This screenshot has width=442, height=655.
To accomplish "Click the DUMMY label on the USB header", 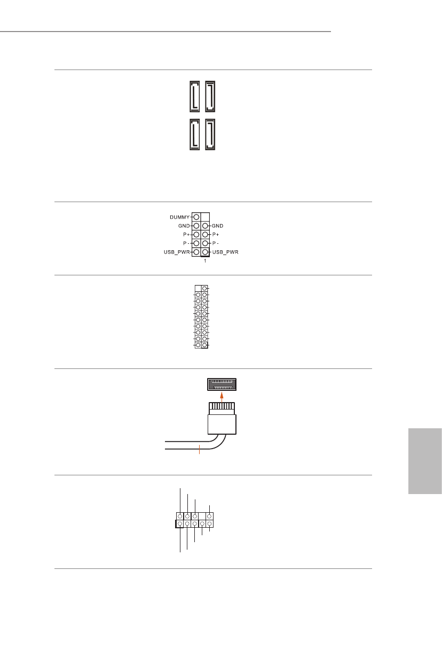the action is (x=180, y=218).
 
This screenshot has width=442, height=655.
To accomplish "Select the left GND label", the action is (x=184, y=226).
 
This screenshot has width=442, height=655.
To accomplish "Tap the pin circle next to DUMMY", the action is (x=196, y=218).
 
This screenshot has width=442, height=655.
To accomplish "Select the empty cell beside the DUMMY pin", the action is (x=205, y=218).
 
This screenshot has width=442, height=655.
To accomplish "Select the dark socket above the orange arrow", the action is (x=222, y=384).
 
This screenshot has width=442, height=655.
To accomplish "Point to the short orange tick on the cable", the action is (x=199, y=449).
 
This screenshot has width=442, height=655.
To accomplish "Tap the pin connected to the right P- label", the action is (x=205, y=243).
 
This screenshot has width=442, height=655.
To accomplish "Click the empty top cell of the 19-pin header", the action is (x=198, y=288).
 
